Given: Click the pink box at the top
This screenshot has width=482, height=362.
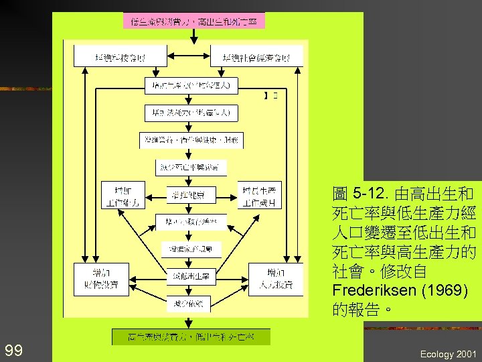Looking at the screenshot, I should point(194,21).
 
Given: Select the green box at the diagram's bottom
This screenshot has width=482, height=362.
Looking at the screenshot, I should point(191,336).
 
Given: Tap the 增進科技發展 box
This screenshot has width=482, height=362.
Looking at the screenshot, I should point(120,57).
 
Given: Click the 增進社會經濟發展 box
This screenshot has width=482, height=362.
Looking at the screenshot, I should point(257,57).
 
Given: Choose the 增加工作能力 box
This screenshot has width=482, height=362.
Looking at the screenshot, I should point(120,194).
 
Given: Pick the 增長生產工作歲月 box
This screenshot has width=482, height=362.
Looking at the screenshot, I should point(259,194).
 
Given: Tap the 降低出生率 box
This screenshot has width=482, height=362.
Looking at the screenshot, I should point(191,276).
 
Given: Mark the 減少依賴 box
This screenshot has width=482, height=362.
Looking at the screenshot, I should point(191,304).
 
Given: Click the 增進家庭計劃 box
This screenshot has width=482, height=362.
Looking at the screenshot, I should point(191,249).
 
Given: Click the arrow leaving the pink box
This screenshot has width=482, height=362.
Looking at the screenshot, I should point(194,37).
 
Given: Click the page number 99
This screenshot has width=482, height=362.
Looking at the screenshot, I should point(13,350).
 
